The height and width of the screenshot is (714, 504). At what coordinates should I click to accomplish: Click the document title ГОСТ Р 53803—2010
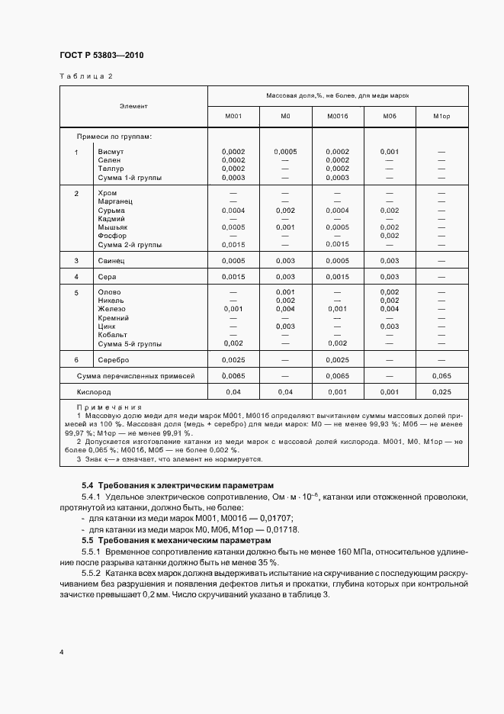tap(101, 56)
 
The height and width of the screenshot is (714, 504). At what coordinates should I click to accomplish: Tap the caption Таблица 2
tap(85, 76)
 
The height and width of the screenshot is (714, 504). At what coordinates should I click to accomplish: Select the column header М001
tap(233, 116)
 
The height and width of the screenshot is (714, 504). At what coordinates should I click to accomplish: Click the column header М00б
tap(337, 116)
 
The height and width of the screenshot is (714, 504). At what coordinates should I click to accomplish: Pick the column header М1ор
tap(441, 116)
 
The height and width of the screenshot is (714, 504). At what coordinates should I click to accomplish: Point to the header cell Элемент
tap(133, 106)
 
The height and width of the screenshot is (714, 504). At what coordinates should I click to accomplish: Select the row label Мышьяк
tap(113, 227)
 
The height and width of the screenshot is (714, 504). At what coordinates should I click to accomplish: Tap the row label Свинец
tap(112, 260)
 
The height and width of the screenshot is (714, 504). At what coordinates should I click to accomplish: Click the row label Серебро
tap(114, 359)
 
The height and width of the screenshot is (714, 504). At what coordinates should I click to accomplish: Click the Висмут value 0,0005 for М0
tap(285, 152)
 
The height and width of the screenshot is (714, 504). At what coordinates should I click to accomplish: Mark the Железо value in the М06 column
tap(389, 309)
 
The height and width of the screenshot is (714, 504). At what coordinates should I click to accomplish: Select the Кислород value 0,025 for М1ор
tap(441, 391)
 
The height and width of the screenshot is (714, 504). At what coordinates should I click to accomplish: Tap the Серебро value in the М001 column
tap(233, 359)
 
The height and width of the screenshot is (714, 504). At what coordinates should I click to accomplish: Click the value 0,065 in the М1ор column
tap(441, 376)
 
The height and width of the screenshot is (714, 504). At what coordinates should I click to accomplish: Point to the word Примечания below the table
tap(110, 407)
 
